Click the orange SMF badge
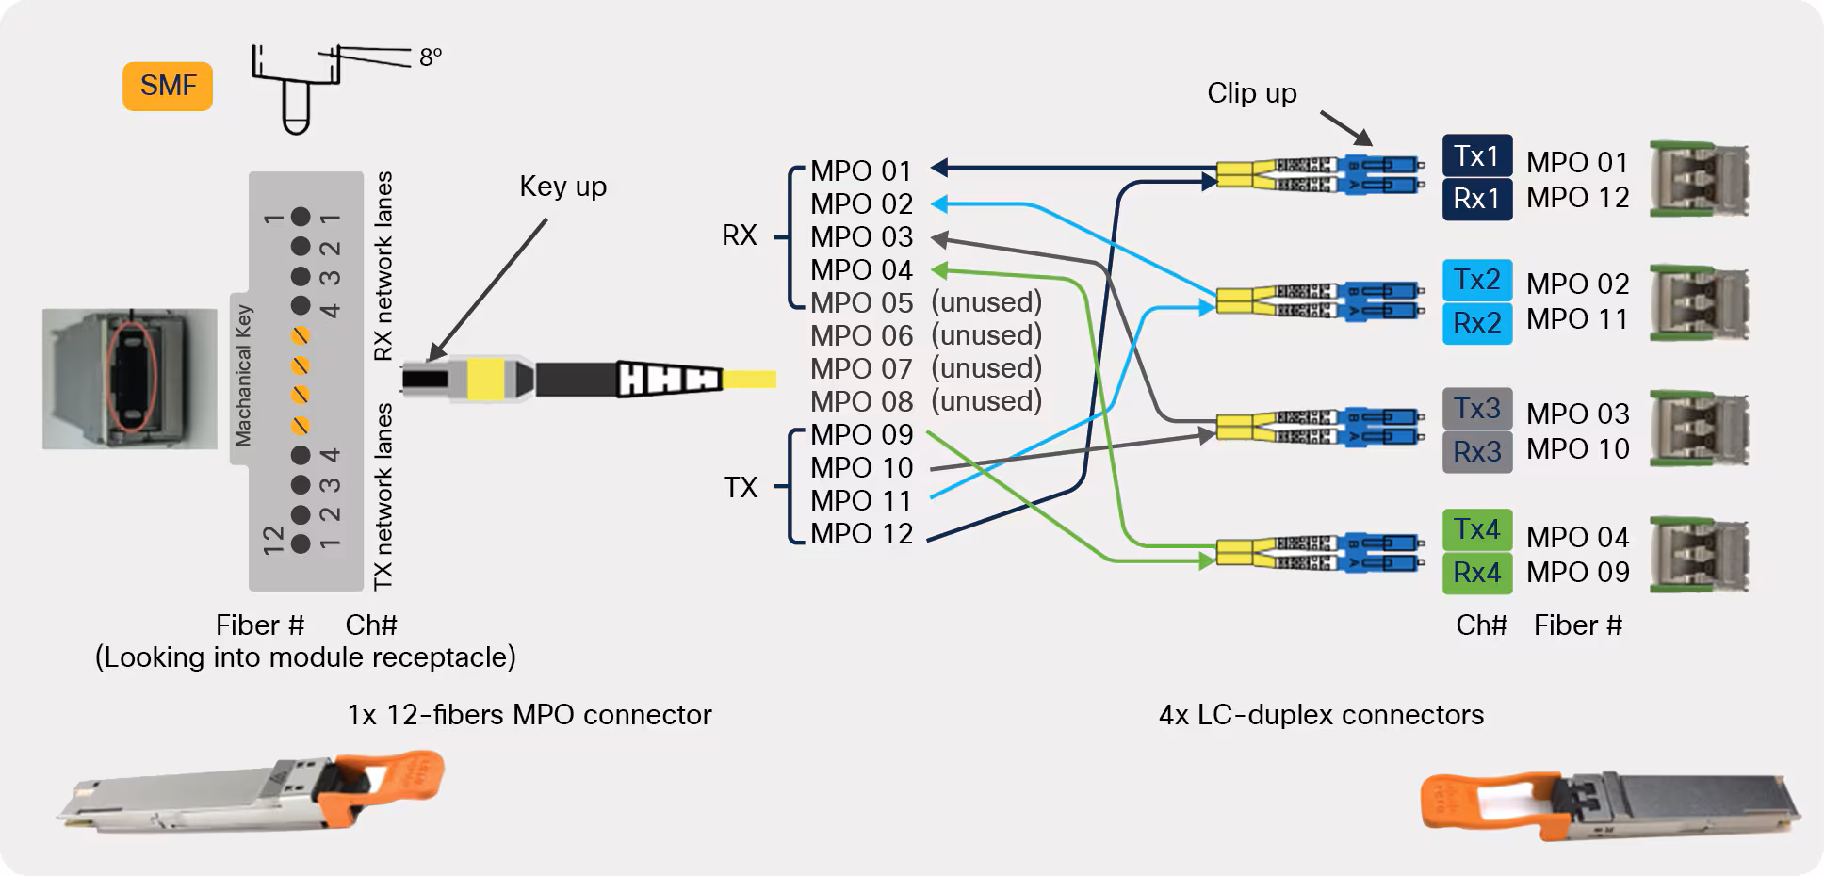168,86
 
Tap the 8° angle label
431,57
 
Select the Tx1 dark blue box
1476,155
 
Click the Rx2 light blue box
1476,323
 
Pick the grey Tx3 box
1476,409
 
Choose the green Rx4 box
1476,573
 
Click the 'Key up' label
562,187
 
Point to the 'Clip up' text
1251,93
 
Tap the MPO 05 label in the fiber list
861,303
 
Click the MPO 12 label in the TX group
861,534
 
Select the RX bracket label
740,235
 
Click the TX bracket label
741,487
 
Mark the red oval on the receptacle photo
132,377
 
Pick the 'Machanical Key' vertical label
243,375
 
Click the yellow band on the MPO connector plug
485,379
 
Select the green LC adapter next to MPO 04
1699,554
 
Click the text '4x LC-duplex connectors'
1320,715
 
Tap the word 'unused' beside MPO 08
985,401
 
